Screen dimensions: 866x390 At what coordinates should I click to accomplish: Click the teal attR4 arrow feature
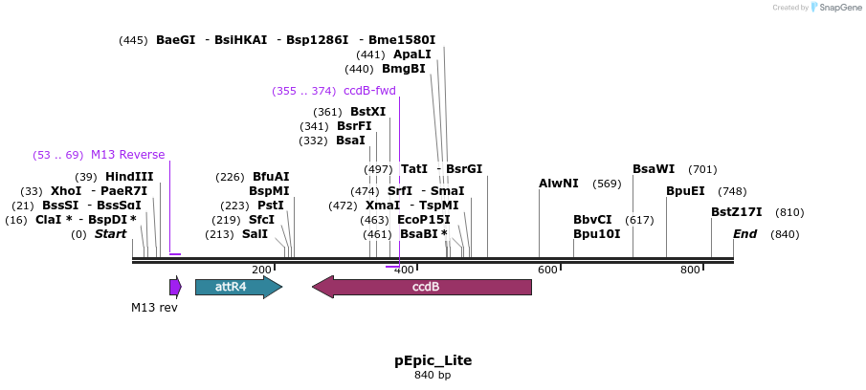[238, 287]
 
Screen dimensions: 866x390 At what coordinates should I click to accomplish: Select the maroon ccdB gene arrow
[422, 287]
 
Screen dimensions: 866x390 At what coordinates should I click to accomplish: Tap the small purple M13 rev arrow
[176, 287]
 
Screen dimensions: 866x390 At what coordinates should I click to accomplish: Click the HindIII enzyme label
[129, 177]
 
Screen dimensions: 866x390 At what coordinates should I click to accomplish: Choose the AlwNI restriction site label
[559, 184]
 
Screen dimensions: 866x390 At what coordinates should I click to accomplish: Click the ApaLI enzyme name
[412, 54]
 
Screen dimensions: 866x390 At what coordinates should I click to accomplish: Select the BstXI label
[367, 112]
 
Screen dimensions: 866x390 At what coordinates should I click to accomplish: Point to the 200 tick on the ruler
[274, 268]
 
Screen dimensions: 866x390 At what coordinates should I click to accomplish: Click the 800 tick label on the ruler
[690, 270]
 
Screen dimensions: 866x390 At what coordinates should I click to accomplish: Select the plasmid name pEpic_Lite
[433, 360]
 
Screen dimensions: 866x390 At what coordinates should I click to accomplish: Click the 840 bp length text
[433, 375]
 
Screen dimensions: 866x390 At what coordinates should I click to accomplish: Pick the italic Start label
[110, 234]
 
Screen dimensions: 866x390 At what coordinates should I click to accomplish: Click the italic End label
[745, 234]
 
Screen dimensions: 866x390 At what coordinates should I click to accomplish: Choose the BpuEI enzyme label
[685, 191]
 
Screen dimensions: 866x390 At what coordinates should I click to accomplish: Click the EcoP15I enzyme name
[424, 220]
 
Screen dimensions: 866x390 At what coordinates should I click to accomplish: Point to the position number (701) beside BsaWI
[702, 169]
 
